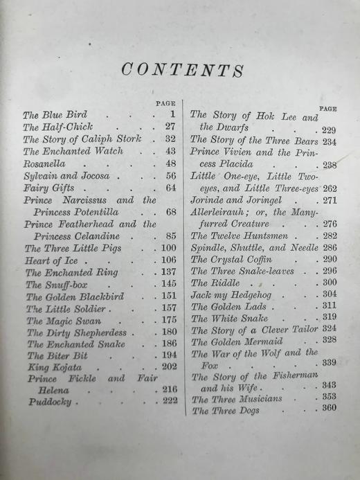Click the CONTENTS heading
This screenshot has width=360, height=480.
pyautogui.click(x=182, y=70)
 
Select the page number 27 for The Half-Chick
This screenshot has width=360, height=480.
pyautogui.click(x=170, y=127)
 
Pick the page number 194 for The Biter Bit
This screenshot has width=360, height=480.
pyautogui.click(x=168, y=355)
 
